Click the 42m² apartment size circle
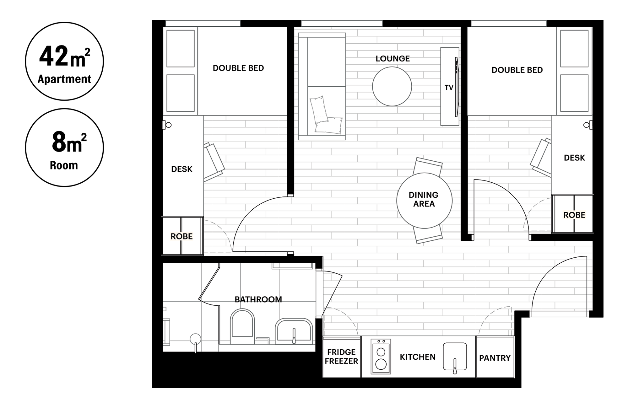pyautogui.click(x=64, y=61)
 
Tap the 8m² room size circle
pyautogui.click(x=64, y=148)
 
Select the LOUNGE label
pyautogui.click(x=392, y=59)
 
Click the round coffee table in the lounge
pyautogui.click(x=392, y=86)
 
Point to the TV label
pyautogui.click(x=449, y=88)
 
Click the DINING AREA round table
pyautogui.click(x=424, y=201)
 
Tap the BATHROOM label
pyautogui.click(x=258, y=299)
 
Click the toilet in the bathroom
pyautogui.click(x=242, y=326)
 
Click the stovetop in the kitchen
pyautogui.click(x=381, y=356)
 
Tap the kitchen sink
pyautogui.click(x=455, y=357)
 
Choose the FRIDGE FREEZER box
pyautogui.click(x=342, y=357)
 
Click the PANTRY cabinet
pyautogui.click(x=495, y=357)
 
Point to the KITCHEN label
pyautogui.click(x=418, y=357)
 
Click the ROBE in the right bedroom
pyautogui.click(x=573, y=214)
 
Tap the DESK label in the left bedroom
pyautogui.click(x=182, y=169)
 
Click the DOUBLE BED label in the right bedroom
pyautogui.click(x=517, y=70)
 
